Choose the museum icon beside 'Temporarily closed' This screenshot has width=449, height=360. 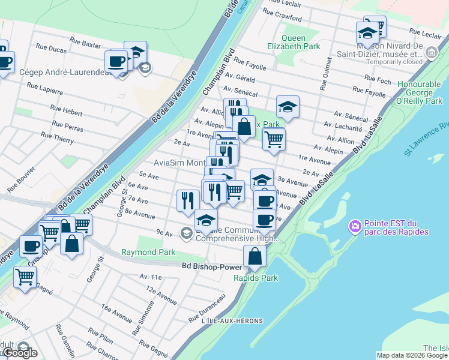(430, 55)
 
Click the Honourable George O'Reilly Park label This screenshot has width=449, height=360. (419, 93)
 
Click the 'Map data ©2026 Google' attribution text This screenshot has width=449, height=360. (412, 355)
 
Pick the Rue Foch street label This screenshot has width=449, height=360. (378, 78)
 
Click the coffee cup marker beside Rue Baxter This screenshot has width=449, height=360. (116, 61)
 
